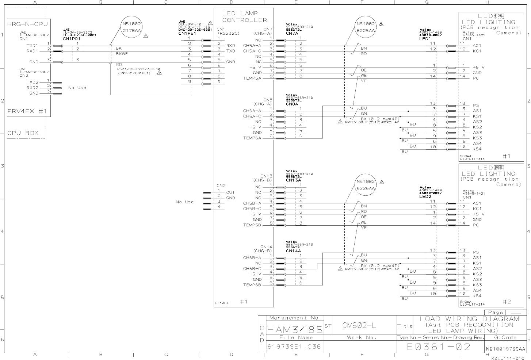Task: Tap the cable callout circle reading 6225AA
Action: (366, 27)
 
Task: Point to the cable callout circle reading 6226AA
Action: (366, 185)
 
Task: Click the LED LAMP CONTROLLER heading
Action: (244, 17)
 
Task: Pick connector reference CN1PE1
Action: (187, 33)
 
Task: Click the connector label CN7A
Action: (292, 33)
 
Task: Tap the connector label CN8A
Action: (292, 104)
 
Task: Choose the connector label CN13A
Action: (294, 180)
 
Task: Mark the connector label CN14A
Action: (294, 251)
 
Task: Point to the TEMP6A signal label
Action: (252, 138)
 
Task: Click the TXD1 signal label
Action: (33, 46)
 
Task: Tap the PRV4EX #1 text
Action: (27, 111)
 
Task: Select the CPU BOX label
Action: (23, 133)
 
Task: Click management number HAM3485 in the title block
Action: (295, 330)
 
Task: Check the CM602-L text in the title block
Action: (359, 325)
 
